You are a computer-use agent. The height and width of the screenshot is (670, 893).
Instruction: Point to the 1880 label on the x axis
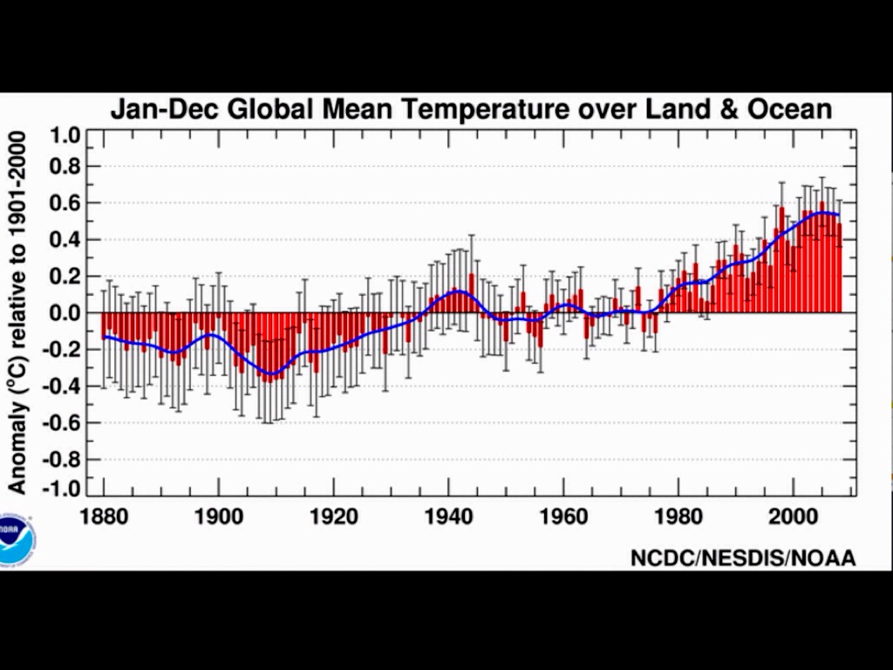pyautogui.click(x=104, y=516)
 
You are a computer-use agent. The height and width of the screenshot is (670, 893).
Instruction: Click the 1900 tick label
pyautogui.click(x=218, y=516)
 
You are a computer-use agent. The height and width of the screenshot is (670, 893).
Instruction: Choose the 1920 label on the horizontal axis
pyautogui.click(x=333, y=516)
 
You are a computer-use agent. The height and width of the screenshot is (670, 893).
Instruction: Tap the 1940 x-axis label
pyautogui.click(x=448, y=516)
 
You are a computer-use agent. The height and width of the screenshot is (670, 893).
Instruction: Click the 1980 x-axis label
pyautogui.click(x=678, y=516)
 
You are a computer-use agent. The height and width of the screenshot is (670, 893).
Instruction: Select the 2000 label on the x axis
pyautogui.click(x=793, y=516)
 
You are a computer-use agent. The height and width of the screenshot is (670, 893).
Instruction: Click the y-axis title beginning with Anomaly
pyautogui.click(x=17, y=312)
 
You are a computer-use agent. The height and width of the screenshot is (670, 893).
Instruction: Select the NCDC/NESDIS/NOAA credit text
pyautogui.click(x=743, y=558)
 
